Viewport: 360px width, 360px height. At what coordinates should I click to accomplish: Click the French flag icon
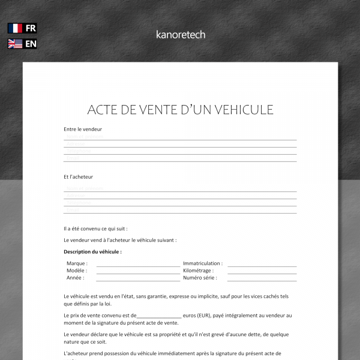15,28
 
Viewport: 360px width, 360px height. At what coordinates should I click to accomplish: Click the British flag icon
15,44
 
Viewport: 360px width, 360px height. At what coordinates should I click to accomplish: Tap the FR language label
31,28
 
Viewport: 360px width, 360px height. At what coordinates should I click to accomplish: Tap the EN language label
31,44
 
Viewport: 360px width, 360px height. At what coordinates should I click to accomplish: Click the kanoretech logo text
180,35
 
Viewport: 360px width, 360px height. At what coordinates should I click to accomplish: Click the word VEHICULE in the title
241,110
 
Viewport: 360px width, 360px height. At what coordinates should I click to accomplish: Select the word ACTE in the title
103,110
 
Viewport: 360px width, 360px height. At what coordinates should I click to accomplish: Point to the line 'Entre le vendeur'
83,129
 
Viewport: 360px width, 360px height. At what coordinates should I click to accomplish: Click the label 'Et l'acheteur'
79,177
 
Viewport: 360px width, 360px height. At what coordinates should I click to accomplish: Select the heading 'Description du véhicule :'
92,252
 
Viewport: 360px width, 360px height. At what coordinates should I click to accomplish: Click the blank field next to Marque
138,264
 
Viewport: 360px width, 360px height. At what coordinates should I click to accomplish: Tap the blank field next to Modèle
138,271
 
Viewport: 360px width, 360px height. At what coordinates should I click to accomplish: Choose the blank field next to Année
138,278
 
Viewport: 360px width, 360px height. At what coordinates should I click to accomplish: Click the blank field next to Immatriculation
262,264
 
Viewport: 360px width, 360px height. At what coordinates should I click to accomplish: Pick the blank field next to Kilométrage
262,271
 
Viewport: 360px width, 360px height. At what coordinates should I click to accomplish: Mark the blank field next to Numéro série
262,278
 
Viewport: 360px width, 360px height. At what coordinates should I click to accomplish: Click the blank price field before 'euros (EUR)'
159,316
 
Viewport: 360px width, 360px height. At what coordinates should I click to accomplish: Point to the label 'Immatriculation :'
203,263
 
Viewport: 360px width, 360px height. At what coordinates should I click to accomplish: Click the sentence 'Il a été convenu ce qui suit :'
95,229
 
